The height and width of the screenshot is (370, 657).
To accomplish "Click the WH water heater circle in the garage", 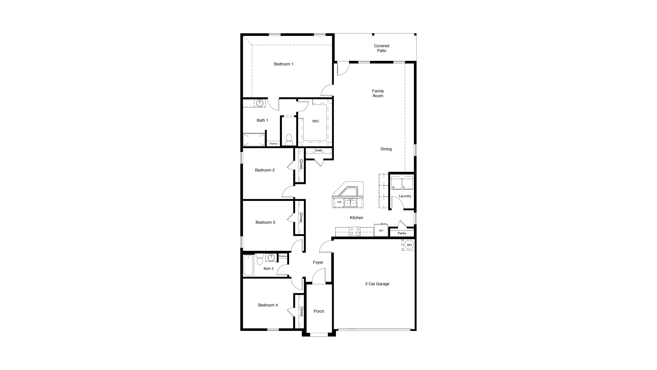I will coord(409,245).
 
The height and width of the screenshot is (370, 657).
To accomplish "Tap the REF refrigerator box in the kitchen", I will coord(381,230).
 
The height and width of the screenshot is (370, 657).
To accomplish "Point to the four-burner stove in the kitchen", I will coord(355,231).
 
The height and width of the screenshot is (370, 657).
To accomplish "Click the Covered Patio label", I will coord(382,48).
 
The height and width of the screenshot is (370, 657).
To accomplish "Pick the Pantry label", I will coord(402,233).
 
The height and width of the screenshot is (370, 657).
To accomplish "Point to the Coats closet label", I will coord(318,150).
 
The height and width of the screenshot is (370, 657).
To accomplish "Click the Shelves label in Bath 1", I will coord(273,144).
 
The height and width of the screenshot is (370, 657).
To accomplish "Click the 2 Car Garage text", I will coord(377,284).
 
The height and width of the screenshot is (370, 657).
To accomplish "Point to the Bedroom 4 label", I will coord(268,305).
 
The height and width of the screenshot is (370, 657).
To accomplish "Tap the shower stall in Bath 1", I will coord(254,140).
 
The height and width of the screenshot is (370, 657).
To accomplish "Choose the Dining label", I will coord(386,149).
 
